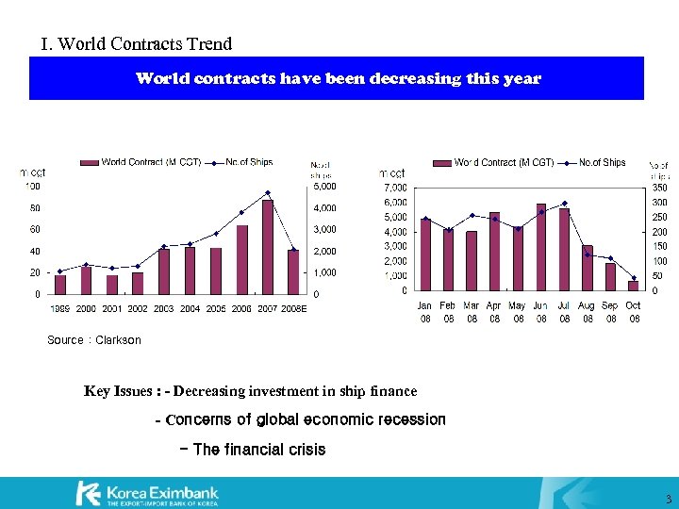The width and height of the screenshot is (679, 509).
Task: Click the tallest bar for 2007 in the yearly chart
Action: pos(268,247)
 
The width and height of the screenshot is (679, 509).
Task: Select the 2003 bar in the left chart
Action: pos(164,271)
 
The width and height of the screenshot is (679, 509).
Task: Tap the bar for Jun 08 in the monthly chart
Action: pos(541,247)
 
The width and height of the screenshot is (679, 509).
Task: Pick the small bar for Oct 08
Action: pos(633,286)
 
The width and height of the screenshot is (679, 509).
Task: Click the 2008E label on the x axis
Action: pos(294,308)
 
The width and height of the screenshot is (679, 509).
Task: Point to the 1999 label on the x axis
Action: pos(60,308)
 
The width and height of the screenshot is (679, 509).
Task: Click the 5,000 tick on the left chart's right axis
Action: pos(324,186)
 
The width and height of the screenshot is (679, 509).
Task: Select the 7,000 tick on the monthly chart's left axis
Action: pos(395,188)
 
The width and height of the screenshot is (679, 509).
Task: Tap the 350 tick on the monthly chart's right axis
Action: pos(659,188)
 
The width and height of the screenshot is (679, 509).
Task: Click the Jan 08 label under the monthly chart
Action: pos(425,312)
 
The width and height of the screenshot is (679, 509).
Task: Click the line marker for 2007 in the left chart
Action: pos(268,192)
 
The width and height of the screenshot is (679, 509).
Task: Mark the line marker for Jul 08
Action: pos(564,203)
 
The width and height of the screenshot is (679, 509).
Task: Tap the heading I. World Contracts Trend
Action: pos(137,44)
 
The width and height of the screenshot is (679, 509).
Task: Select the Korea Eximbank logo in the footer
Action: pos(147,493)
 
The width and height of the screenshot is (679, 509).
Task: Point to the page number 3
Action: pos(668,499)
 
